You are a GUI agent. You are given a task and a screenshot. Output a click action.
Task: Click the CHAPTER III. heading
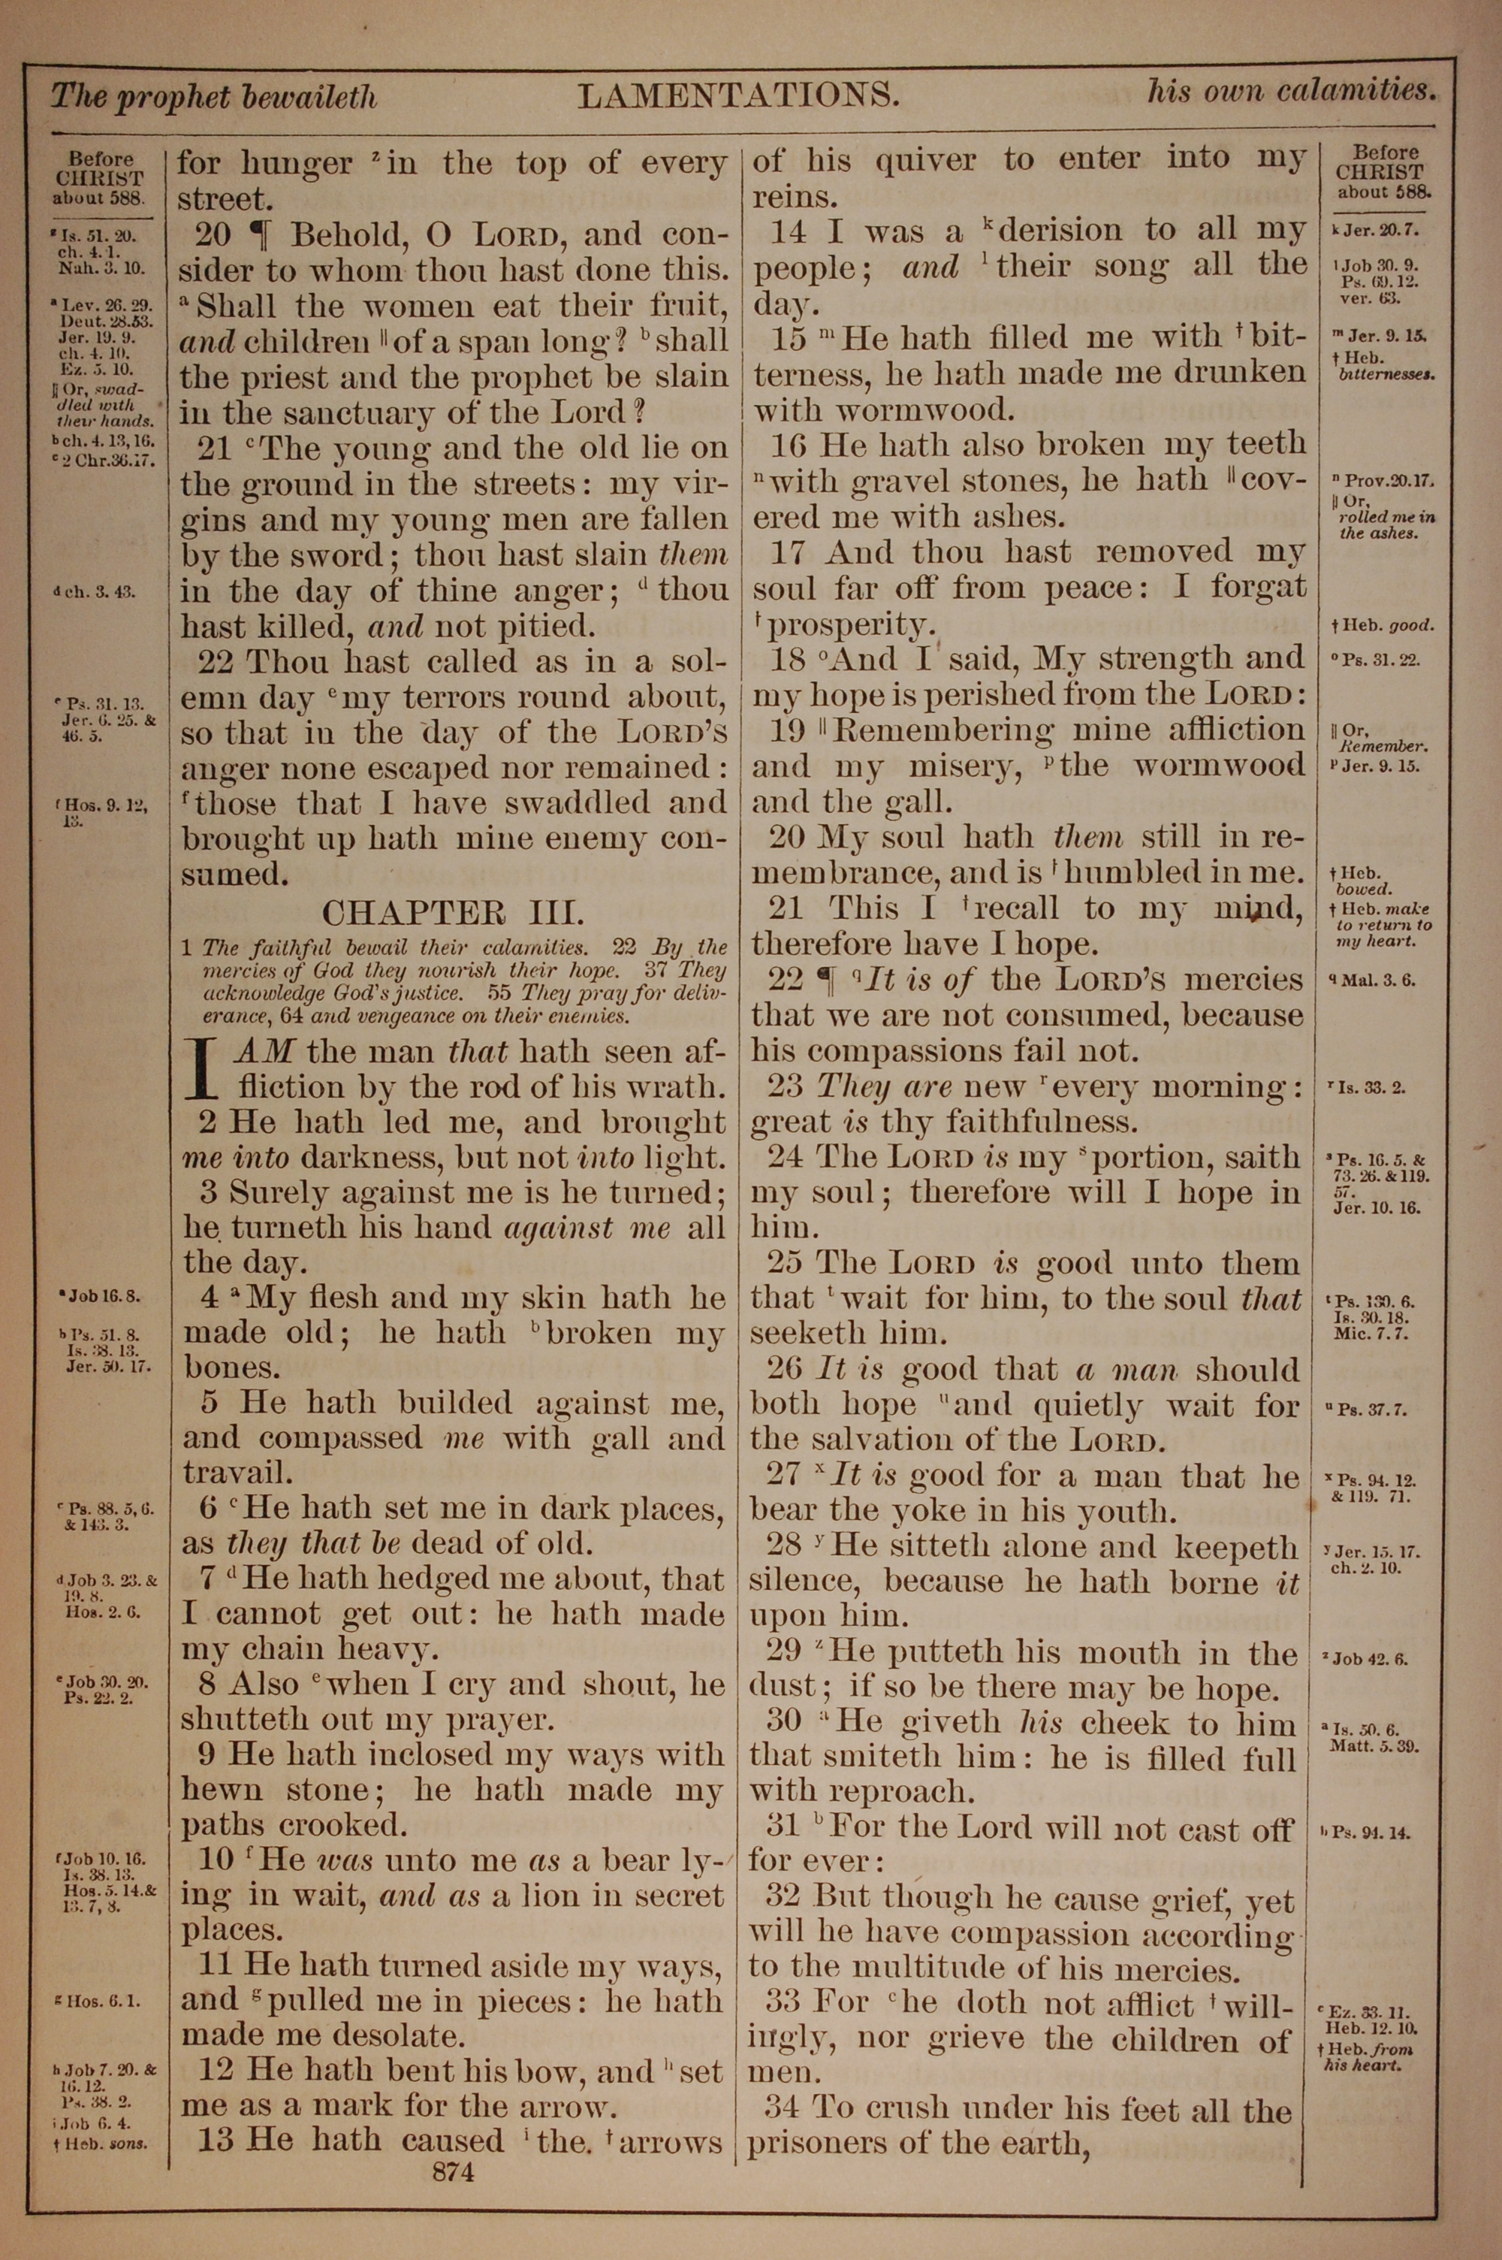452,911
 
